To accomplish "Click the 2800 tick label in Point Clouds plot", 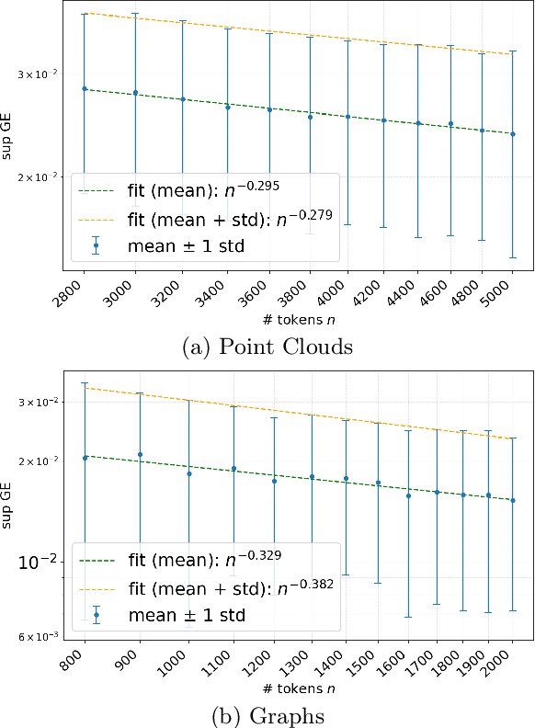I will pos(73,295).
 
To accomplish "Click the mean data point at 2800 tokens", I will pos(85,88).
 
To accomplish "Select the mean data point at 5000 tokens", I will pos(513,134).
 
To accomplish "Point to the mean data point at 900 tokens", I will pos(140,454).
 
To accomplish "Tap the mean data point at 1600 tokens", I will pos(408,495).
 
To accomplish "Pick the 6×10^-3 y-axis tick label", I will pos(40,636).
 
